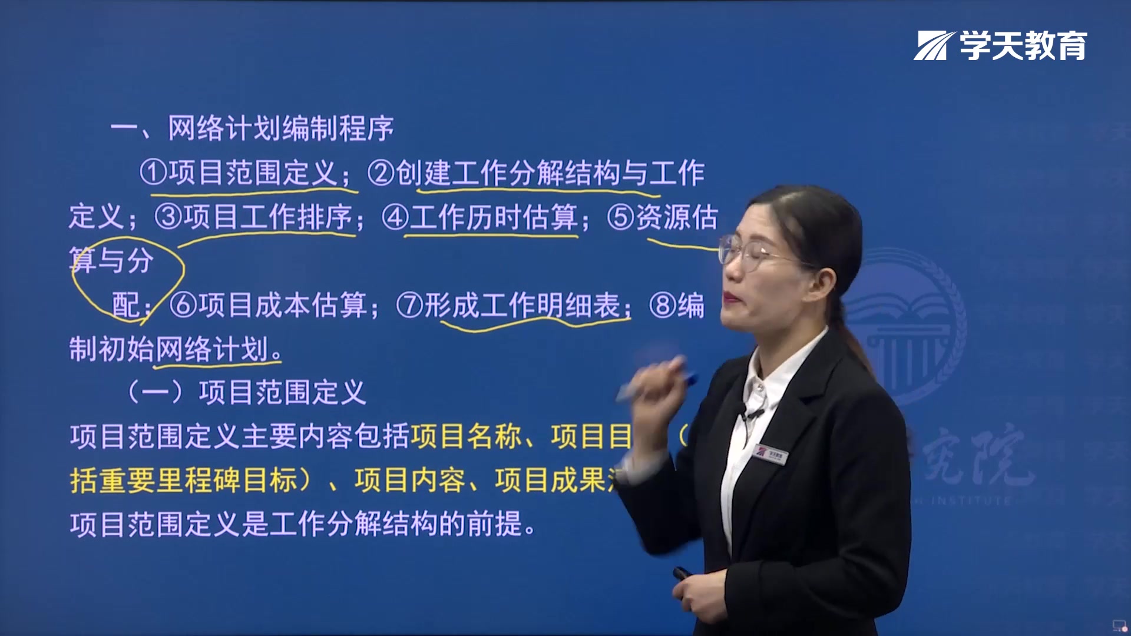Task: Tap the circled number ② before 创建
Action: click(x=381, y=173)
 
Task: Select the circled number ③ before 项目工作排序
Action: click(x=168, y=217)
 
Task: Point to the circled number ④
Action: click(x=395, y=217)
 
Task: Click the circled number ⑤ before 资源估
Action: click(x=621, y=217)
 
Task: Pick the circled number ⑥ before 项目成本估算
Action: click(x=183, y=305)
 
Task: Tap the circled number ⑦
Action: click(x=409, y=305)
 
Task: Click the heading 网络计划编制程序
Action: click(x=280, y=128)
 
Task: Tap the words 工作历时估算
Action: click(x=494, y=217)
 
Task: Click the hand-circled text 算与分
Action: click(x=112, y=260)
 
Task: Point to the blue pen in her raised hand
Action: click(x=654, y=384)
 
